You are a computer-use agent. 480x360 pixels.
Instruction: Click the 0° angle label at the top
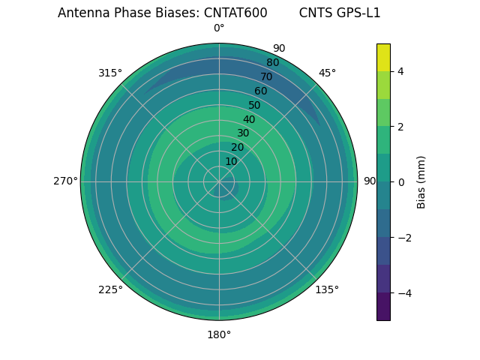(219, 28)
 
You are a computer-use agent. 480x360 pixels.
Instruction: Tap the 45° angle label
(327, 73)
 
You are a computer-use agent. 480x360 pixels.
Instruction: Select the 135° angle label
(327, 289)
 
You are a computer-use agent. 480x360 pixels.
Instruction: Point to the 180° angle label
(219, 334)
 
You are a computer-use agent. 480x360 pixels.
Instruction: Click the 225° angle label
(110, 289)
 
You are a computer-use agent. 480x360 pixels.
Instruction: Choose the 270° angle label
(65, 181)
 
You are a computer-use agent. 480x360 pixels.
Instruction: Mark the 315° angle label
(110, 73)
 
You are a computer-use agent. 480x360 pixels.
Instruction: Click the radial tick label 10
(231, 161)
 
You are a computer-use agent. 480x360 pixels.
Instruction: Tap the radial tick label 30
(243, 133)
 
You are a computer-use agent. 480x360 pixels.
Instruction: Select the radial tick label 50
(255, 106)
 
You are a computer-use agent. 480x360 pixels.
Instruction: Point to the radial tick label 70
(266, 77)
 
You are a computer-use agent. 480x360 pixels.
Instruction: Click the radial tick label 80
(272, 63)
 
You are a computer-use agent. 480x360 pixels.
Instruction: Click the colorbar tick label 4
(401, 71)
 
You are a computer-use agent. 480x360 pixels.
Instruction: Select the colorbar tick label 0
(401, 182)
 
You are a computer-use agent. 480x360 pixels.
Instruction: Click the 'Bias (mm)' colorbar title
(421, 182)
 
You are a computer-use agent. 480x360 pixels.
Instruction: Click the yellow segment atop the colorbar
(383, 57)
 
